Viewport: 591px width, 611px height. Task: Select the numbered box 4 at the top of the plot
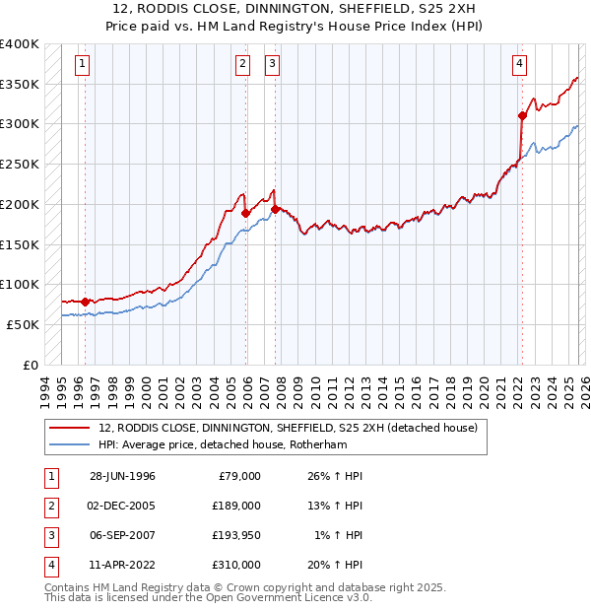pyautogui.click(x=519, y=64)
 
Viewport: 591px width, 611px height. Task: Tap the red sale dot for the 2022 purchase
pyautogui.click(x=522, y=115)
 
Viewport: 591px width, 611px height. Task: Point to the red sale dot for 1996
pyautogui.click(x=85, y=302)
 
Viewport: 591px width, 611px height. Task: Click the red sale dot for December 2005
pyautogui.click(x=245, y=212)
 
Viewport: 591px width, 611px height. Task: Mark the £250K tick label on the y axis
pyautogui.click(x=20, y=164)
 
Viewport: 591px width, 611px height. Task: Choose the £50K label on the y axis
pyautogui.click(x=24, y=324)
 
